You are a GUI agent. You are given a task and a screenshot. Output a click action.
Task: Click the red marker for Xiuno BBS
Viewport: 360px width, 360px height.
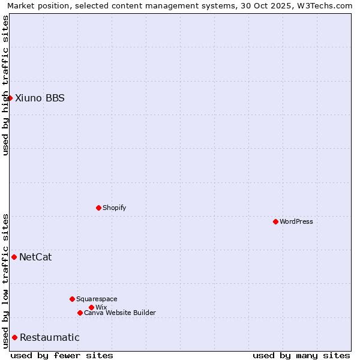coord(10,98)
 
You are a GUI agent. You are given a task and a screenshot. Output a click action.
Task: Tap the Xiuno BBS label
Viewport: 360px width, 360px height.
coord(40,98)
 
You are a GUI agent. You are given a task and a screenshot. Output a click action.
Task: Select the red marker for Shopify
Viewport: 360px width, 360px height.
coord(98,208)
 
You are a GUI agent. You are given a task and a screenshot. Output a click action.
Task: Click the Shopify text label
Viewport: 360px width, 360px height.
coord(115,208)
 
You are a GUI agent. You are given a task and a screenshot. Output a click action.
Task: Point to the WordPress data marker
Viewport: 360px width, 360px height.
coord(275,221)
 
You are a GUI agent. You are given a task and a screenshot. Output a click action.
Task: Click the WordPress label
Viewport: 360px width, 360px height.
coord(296,222)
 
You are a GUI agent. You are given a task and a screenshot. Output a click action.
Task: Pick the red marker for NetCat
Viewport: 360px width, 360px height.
coord(14,257)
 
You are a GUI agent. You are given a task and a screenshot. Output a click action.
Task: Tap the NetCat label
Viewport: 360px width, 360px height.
coord(35,257)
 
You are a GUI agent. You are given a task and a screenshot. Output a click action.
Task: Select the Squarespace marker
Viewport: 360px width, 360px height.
coord(72,299)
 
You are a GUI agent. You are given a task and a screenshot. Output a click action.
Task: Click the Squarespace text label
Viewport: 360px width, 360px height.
coord(97,299)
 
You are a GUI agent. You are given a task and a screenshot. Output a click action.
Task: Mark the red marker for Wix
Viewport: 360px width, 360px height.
coord(91,307)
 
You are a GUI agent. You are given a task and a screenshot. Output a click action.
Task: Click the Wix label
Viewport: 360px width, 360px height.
coord(101,308)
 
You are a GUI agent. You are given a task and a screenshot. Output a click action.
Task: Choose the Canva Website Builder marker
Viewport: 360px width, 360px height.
coord(80,313)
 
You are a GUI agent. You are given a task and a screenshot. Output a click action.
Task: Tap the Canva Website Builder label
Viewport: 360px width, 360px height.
coord(120,313)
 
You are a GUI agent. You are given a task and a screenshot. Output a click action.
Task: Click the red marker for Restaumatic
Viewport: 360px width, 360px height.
coord(14,337)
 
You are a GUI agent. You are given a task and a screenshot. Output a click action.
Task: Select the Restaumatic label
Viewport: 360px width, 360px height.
coord(50,338)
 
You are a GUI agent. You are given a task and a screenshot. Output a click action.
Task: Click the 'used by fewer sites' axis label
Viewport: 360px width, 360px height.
coord(62,355)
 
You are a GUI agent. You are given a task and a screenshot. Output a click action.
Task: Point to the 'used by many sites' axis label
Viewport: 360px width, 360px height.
coord(301,355)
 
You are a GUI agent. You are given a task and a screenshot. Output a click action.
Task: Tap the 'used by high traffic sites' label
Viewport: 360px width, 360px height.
coord(5,85)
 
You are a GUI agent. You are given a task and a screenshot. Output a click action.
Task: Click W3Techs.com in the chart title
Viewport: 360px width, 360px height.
coord(323,5)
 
